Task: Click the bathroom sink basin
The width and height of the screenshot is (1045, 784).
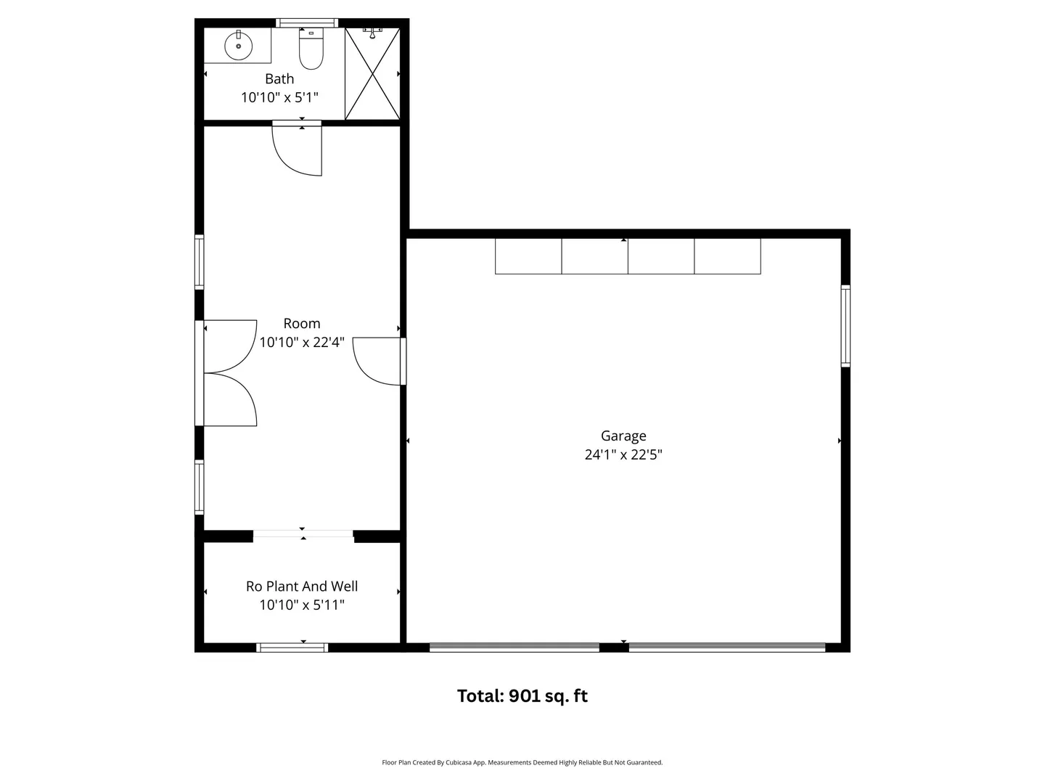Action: (238, 46)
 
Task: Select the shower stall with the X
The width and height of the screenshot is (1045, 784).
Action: (372, 74)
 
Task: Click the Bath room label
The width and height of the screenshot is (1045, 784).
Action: (279, 78)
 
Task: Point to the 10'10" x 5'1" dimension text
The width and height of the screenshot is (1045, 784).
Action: (279, 97)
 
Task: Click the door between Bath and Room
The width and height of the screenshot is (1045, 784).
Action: (297, 148)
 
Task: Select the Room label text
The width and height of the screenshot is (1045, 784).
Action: (302, 324)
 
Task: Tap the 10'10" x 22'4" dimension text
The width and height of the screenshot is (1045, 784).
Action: (302, 342)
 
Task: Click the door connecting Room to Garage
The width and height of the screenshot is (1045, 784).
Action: (379, 362)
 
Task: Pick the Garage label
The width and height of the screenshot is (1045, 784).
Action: (623, 436)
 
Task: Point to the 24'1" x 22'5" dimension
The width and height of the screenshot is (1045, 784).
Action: (623, 454)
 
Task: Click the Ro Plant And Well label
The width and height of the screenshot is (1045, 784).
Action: (302, 586)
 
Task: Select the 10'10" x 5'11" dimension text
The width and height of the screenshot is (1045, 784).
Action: (302, 605)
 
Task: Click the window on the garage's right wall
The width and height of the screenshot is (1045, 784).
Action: (845, 326)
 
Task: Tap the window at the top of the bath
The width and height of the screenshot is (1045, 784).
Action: (306, 23)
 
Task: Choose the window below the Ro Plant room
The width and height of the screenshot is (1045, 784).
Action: (292, 648)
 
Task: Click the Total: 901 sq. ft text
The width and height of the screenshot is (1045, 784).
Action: (522, 696)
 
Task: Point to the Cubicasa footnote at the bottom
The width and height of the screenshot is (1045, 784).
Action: (522, 762)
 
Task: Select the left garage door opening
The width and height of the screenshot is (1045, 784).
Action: (515, 648)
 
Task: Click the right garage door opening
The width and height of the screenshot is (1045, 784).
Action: (727, 648)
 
